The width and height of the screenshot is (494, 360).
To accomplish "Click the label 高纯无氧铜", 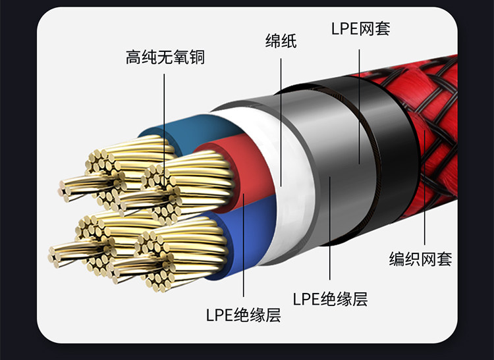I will coord(165,57).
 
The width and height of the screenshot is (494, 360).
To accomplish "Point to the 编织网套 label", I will coord(421,259).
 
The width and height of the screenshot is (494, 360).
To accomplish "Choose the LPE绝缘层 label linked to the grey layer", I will coord(330,299).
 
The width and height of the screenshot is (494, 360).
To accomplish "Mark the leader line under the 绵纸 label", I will coord(281,118).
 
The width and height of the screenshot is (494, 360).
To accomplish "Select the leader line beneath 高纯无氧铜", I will coord(165,118).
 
